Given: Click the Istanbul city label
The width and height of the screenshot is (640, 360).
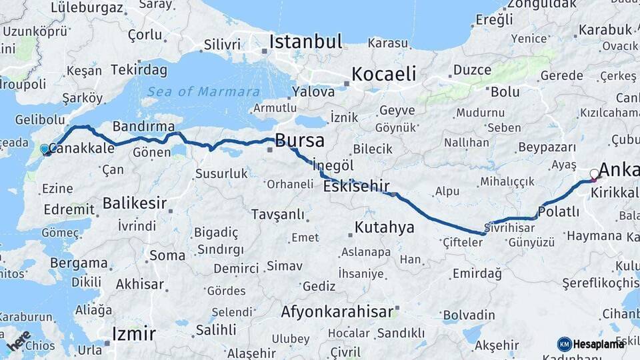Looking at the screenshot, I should [305, 41].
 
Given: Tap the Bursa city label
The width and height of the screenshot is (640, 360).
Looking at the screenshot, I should [299, 141].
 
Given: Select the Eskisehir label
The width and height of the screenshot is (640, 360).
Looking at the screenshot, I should [356, 187].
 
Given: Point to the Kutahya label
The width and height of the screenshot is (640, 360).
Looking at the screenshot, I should [384, 227].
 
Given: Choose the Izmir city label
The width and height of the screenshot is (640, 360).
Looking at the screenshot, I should [133, 333].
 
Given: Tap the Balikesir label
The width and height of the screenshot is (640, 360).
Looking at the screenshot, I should [135, 203].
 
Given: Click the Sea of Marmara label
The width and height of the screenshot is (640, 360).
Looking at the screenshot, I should [204, 92].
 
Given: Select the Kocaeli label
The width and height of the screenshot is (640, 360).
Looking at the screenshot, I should [383, 73].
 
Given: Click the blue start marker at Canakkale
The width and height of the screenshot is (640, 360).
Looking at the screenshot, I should [45, 149].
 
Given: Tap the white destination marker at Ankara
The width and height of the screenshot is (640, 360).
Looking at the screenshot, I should [595, 175].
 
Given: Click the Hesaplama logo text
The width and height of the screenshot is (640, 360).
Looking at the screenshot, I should [599, 344].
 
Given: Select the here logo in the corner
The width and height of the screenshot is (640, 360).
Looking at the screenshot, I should [18, 341].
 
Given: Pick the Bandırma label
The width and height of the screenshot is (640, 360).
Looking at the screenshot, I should [144, 126].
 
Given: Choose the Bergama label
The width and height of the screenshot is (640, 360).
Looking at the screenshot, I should [78, 263].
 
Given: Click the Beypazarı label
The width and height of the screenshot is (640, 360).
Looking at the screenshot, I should [546, 147].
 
